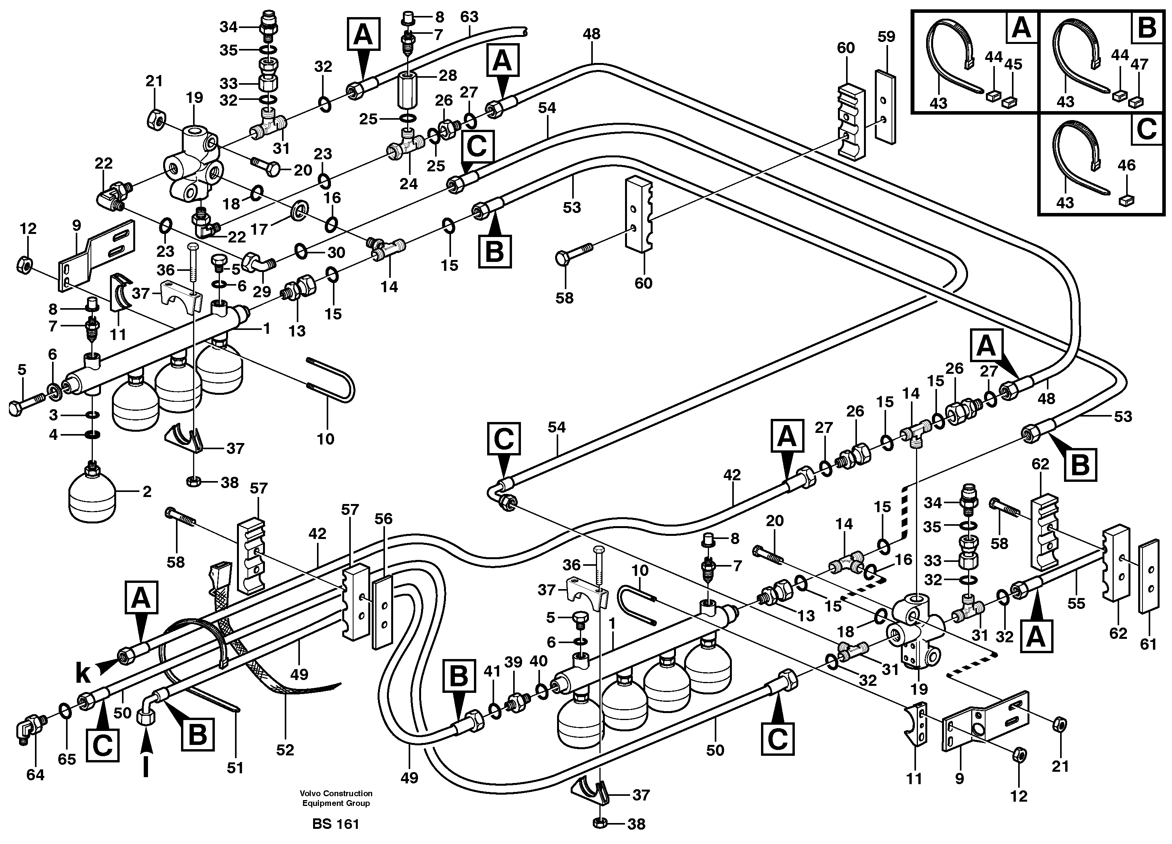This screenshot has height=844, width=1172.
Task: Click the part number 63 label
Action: click(469, 17)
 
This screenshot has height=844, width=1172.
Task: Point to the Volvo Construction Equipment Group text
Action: click(336, 798)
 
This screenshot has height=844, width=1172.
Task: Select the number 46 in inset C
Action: click(1127, 166)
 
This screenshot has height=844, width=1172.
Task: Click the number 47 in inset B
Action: click(1139, 65)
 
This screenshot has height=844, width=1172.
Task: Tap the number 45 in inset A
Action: click(1014, 65)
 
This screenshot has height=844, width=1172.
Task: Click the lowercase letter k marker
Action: click(83, 673)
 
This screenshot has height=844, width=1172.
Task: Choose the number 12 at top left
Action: click(28, 228)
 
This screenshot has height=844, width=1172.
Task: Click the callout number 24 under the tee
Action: click(408, 184)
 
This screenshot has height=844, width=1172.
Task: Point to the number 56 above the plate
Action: click(383, 519)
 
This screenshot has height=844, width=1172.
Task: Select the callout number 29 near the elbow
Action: click(261, 291)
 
